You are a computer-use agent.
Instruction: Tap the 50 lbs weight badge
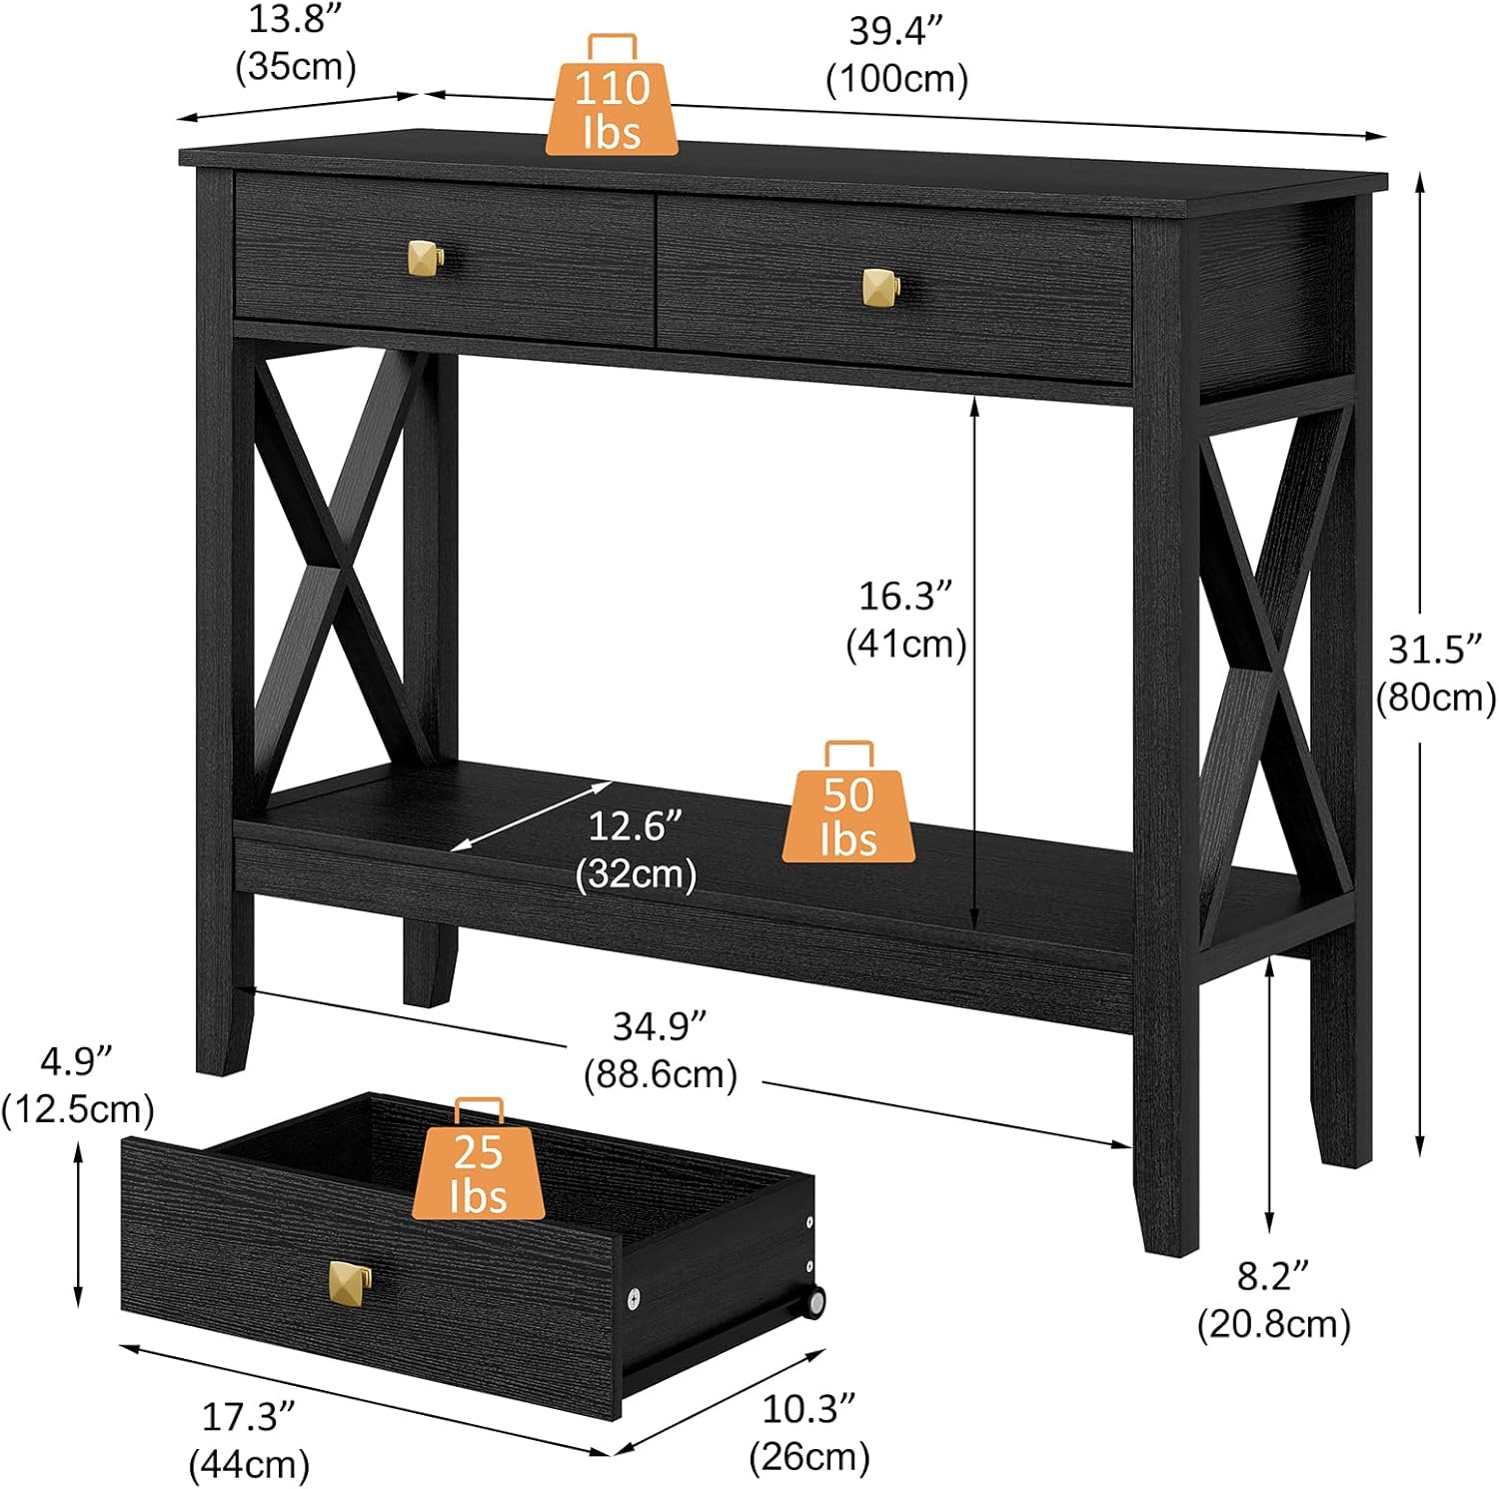[x=847, y=814]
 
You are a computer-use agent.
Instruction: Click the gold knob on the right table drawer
[x=879, y=287]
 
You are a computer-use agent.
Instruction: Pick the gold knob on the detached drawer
[x=350, y=1279]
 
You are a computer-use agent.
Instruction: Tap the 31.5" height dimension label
[x=1435, y=673]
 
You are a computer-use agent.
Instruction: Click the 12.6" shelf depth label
[x=636, y=849]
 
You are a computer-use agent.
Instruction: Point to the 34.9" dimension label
[x=661, y=1049]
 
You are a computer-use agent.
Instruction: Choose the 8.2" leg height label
[x=1273, y=1299]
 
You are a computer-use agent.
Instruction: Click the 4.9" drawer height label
[x=77, y=1083]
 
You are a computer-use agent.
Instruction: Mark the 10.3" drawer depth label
[x=809, y=1431]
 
